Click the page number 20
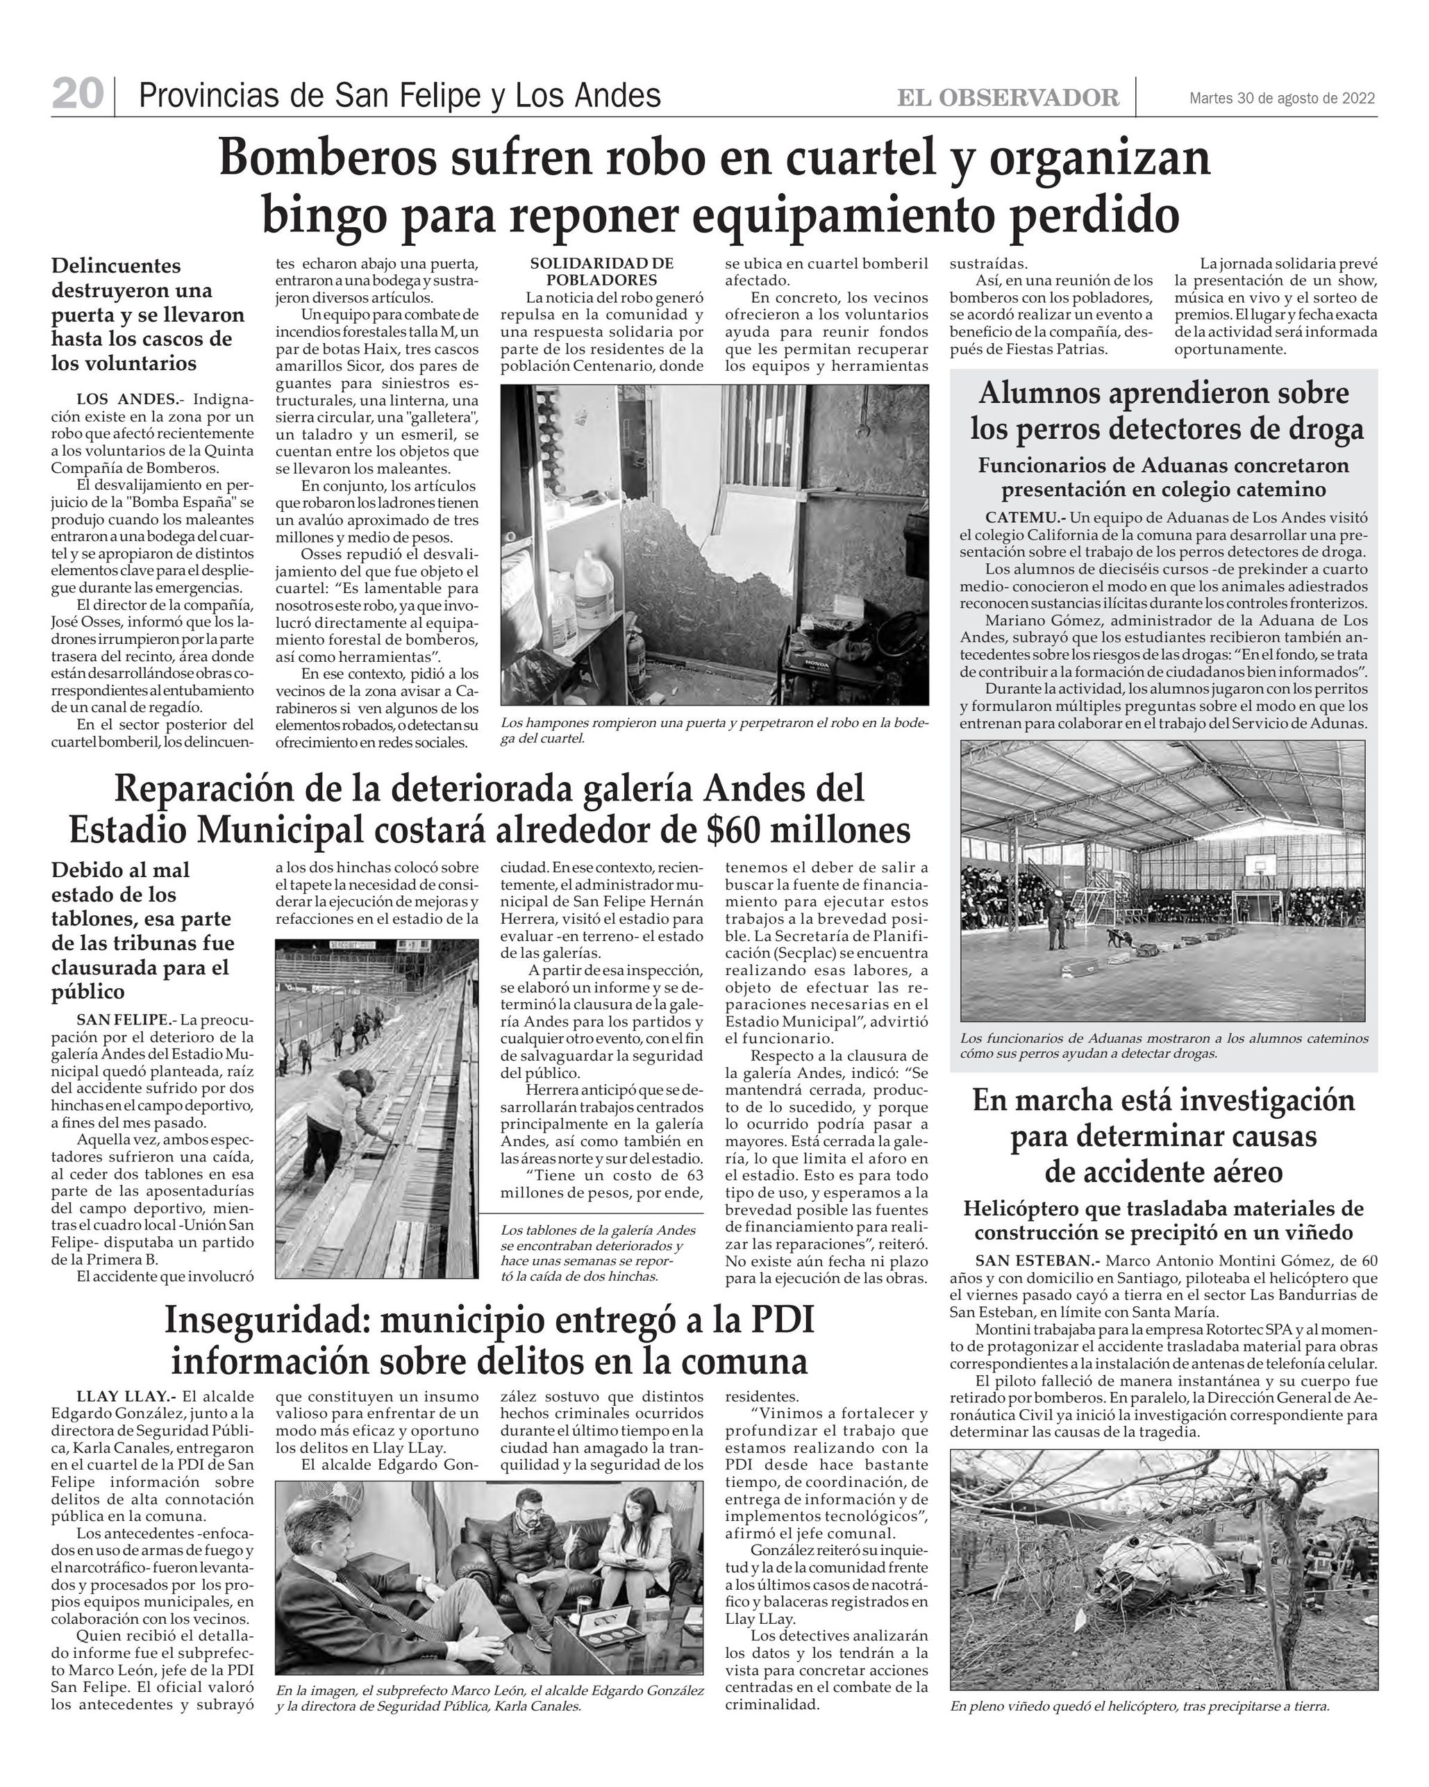click(x=77, y=94)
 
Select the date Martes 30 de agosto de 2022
click(x=1282, y=99)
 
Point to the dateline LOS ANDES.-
click(x=126, y=399)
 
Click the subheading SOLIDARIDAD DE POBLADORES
click(x=602, y=272)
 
